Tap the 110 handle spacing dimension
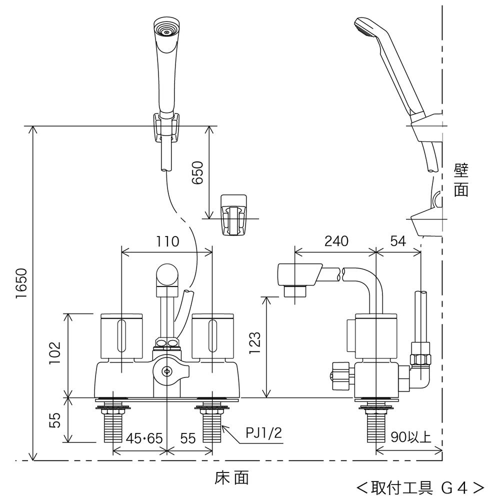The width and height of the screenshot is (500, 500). point(167,242)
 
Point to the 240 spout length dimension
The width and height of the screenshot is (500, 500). point(335,242)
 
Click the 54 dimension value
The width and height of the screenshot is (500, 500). point(398,242)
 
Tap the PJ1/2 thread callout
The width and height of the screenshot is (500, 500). point(263,433)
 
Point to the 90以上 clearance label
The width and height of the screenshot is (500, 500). point(410,437)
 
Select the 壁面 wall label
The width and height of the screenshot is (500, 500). point(460,181)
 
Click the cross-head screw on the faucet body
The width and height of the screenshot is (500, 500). point(167,371)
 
